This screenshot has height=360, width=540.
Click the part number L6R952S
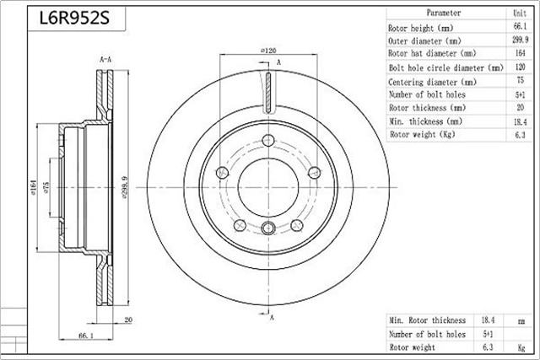tap(74, 19)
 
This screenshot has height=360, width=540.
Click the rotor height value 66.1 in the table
tap(520, 26)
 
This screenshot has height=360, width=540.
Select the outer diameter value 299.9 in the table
tap(520, 40)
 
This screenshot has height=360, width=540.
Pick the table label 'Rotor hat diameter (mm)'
tap(432, 53)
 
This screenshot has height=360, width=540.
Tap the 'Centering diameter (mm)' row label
tap(432, 82)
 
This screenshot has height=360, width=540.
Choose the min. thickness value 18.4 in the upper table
tap(520, 121)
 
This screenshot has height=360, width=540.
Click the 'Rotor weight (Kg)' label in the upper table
tap(422, 134)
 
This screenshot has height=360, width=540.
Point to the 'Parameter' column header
tap(444, 13)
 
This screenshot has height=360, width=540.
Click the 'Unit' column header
tap(520, 13)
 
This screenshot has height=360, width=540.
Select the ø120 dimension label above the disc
tap(268, 51)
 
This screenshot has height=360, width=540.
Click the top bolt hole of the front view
tap(268, 141)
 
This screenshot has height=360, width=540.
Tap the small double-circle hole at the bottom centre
tap(268, 228)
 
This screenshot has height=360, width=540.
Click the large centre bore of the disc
tap(268, 187)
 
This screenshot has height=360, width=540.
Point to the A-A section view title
tap(105, 60)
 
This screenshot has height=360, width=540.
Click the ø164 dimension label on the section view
tap(34, 187)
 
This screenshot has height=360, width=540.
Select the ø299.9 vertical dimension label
tap(125, 187)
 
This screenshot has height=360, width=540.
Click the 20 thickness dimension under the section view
tap(128, 320)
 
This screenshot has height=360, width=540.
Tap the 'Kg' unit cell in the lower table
tap(521, 347)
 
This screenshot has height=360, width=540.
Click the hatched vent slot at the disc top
tap(268, 93)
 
